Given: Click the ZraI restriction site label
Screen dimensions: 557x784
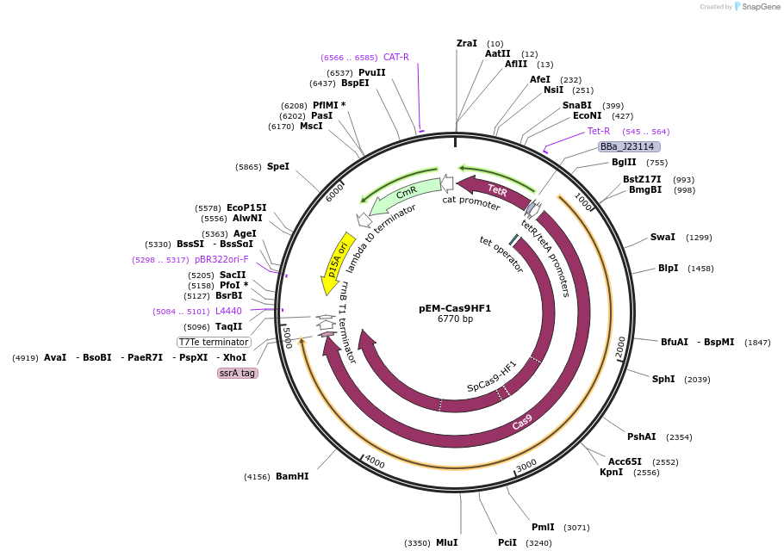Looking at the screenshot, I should point(466,43).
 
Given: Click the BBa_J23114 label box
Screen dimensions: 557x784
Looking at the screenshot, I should point(628,147).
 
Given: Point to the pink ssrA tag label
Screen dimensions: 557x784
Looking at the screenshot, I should point(237,373).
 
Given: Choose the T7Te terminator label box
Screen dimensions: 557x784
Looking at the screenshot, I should point(214,342).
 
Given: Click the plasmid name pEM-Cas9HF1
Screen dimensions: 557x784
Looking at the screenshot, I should point(455,308).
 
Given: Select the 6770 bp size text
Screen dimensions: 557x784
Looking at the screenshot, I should point(455,319).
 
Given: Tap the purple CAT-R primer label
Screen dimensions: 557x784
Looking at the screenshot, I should point(395,57).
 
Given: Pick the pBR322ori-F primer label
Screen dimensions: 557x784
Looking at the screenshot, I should point(221,259).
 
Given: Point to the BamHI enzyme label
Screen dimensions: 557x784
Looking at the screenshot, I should point(292,476).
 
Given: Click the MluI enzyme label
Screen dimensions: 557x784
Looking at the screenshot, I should point(446,542).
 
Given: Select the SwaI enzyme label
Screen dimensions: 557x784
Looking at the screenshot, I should point(663,237).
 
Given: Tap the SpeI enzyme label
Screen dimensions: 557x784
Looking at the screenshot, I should point(277,166).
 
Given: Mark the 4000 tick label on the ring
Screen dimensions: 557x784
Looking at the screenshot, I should point(375,461).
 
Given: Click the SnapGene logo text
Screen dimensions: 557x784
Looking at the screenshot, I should point(762,7).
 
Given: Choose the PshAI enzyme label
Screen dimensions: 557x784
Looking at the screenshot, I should point(641,436).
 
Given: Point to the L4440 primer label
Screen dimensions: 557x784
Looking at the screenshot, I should point(228,311).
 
